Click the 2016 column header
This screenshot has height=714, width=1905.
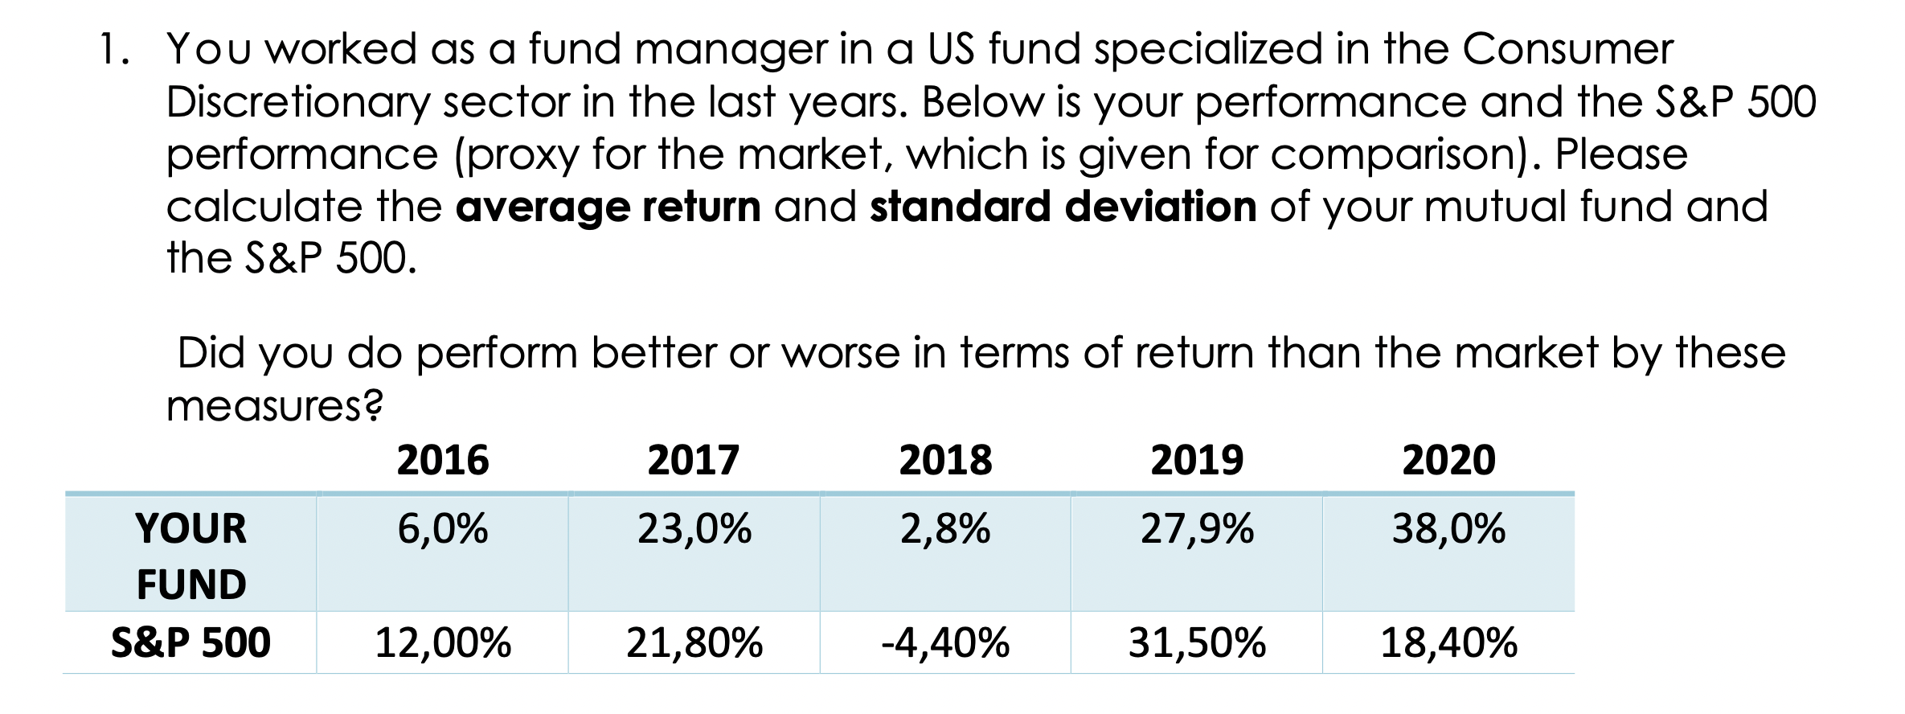pyautogui.click(x=443, y=461)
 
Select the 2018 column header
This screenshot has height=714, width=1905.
pyautogui.click(x=945, y=461)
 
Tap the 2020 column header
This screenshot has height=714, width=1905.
pyautogui.click(x=1448, y=461)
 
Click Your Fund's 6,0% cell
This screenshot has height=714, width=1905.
pyautogui.click(x=443, y=529)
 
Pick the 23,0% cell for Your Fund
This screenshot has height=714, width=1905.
pyautogui.click(x=694, y=529)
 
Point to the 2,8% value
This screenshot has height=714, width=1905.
pyautogui.click(x=945, y=529)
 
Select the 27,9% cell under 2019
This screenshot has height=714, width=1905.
pyautogui.click(x=1197, y=529)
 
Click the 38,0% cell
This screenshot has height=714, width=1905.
pyautogui.click(x=1448, y=529)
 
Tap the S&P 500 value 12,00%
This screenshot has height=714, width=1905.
pyautogui.click(x=443, y=643)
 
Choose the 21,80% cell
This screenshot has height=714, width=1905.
pyautogui.click(x=694, y=643)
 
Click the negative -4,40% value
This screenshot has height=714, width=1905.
pyautogui.click(x=945, y=643)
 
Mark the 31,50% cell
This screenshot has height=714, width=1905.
pyautogui.click(x=1197, y=643)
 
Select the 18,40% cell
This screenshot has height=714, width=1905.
pyautogui.click(x=1448, y=643)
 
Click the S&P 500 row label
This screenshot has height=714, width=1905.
pyautogui.click(x=190, y=643)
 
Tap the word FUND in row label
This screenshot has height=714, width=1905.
pyautogui.click(x=190, y=585)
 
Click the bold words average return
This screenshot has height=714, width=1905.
pyautogui.click(x=608, y=207)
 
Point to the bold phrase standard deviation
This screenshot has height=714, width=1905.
pyautogui.click(x=1063, y=207)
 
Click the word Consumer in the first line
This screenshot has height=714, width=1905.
pyautogui.click(x=1567, y=50)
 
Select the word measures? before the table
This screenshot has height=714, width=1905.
pyautogui.click(x=274, y=406)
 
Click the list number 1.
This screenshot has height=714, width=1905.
pyautogui.click(x=112, y=50)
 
